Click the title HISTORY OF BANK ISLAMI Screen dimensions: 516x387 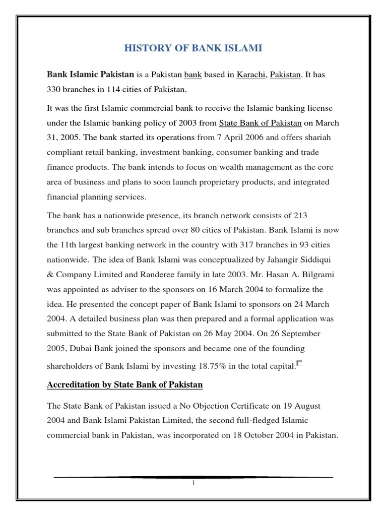193,48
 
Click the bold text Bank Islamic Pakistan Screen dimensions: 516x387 90,75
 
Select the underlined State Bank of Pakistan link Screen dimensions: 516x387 260,122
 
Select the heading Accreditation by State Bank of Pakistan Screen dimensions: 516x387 124,385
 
